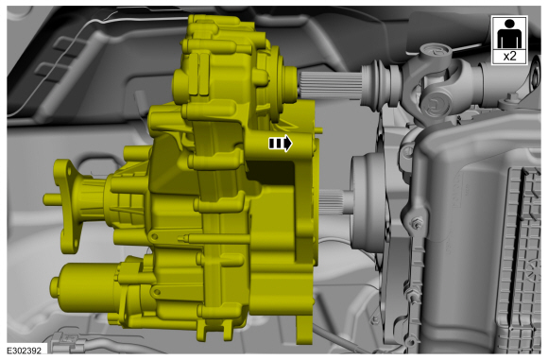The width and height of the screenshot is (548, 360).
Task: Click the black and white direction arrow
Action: (281, 144)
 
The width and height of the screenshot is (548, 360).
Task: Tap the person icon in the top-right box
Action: (509, 34)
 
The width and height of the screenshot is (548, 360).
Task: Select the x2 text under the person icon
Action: (509, 56)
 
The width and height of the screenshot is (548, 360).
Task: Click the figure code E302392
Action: (25, 351)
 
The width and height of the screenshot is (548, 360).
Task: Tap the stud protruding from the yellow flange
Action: (50, 199)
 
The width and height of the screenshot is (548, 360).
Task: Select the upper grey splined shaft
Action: (330, 85)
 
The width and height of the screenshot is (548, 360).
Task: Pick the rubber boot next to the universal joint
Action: (380, 84)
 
